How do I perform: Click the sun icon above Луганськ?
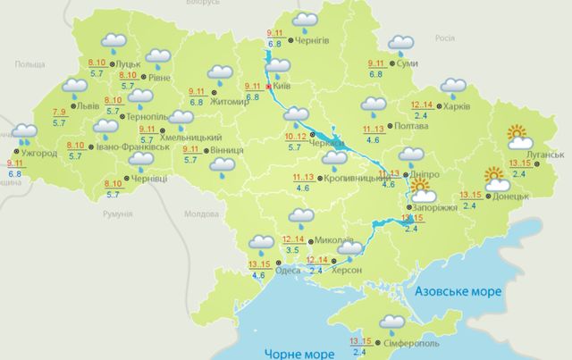pyautogui.click(x=520, y=137)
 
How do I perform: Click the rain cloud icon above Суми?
pyautogui.click(x=400, y=43)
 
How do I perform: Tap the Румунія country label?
pyautogui.click(x=117, y=214)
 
